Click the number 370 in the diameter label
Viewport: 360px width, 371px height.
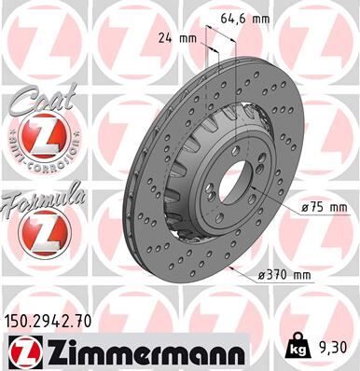pyautogui.click(x=275, y=274)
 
